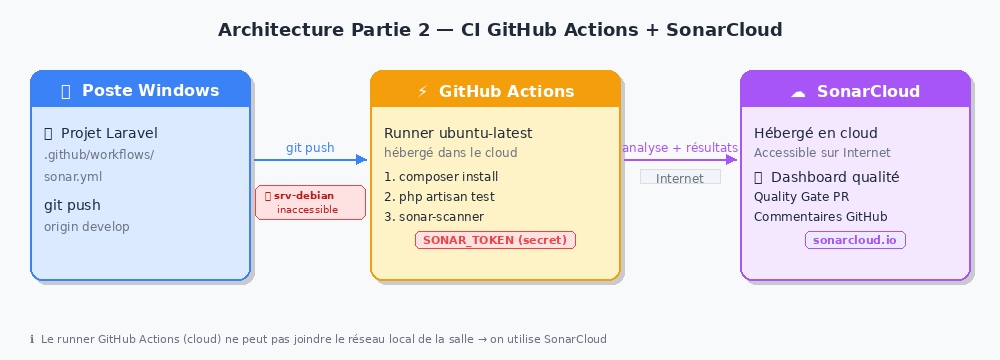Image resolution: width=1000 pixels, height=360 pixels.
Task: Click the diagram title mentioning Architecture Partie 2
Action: click(x=500, y=30)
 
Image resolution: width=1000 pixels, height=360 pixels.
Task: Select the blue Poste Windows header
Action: click(x=140, y=89)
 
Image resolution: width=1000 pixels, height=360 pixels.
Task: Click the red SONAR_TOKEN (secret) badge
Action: click(x=495, y=240)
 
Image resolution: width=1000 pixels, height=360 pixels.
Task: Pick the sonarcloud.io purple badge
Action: click(x=855, y=240)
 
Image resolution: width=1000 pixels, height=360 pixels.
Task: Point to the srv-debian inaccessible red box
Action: click(x=311, y=202)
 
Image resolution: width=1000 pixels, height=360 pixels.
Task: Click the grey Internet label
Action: click(x=680, y=177)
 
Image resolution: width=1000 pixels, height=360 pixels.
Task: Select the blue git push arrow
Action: click(x=311, y=160)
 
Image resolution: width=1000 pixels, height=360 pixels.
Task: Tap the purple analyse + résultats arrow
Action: click(x=680, y=160)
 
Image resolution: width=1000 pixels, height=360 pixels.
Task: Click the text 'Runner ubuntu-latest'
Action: click(x=458, y=133)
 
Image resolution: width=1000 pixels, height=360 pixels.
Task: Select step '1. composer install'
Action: click(x=441, y=177)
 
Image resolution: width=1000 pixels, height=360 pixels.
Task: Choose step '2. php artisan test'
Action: click(x=439, y=197)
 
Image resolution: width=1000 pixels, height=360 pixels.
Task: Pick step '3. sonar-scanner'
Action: click(x=434, y=216)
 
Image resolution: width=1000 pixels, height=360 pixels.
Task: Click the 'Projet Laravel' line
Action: click(x=101, y=133)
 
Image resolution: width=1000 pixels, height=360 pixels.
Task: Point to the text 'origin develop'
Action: click(x=87, y=227)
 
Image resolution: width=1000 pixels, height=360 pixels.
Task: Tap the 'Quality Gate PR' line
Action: click(x=802, y=197)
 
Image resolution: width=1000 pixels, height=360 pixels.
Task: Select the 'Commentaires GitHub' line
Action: click(x=821, y=216)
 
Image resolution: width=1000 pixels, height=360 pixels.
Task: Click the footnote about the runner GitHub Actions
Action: click(x=318, y=339)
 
